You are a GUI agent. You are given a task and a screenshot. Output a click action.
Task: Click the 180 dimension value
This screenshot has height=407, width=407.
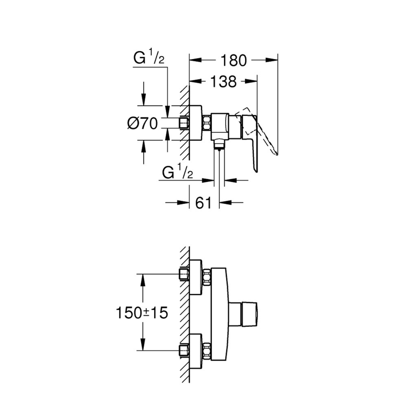coord(234,60)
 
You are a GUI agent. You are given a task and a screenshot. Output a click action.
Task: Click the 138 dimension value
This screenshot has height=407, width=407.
coord(223,81)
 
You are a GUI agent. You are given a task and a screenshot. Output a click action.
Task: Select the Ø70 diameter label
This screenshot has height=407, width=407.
coord(142,123)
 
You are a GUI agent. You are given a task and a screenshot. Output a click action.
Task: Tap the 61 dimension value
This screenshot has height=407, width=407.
coord(204,202)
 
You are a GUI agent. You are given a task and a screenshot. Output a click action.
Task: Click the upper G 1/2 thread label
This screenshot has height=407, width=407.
coord(149,59)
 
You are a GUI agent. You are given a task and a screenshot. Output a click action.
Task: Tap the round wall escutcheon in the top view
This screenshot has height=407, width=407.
coord(196,123)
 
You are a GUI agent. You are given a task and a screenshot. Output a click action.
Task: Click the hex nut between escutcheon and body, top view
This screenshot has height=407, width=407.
coord(207,123)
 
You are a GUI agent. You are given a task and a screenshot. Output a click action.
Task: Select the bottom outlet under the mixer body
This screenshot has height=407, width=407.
coord(219,144)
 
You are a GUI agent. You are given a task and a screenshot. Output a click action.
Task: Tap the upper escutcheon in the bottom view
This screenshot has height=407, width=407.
coord(196,277)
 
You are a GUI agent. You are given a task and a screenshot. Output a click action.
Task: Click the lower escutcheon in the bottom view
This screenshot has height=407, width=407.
coord(196,351)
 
